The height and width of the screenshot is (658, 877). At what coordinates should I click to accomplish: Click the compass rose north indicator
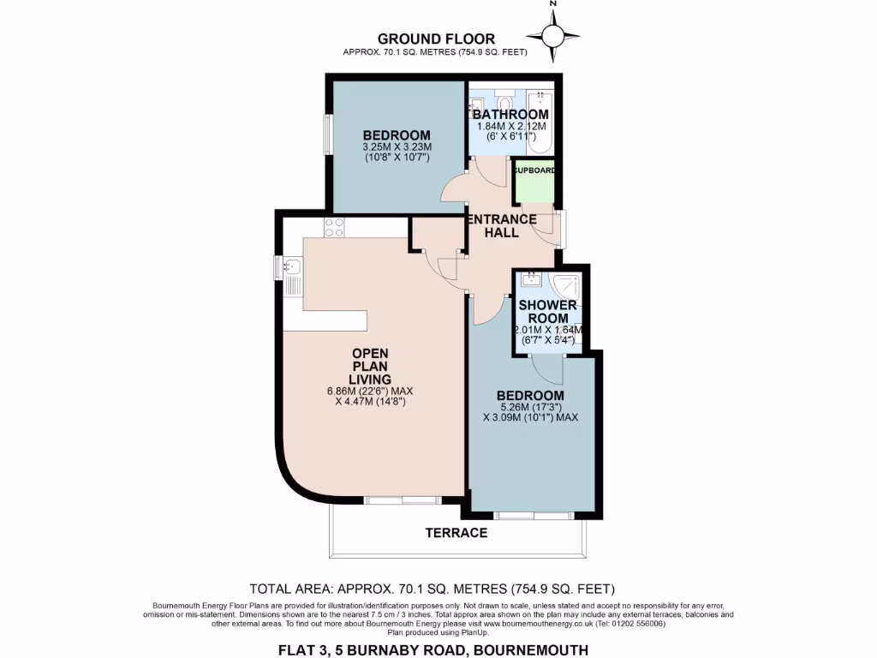click(x=552, y=34)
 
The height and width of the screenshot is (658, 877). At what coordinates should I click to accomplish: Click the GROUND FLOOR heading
click(x=436, y=39)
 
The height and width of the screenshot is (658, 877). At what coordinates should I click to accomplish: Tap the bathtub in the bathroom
click(x=540, y=122)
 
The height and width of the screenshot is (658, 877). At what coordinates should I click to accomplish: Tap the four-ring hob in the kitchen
click(x=334, y=227)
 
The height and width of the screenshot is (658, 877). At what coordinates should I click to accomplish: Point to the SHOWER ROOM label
click(x=547, y=312)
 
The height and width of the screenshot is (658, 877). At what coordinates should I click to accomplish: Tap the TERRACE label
click(x=456, y=533)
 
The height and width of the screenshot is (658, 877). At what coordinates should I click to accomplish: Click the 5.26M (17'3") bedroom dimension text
click(x=531, y=407)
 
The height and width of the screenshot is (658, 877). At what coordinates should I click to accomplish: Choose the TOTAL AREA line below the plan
click(x=432, y=589)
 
